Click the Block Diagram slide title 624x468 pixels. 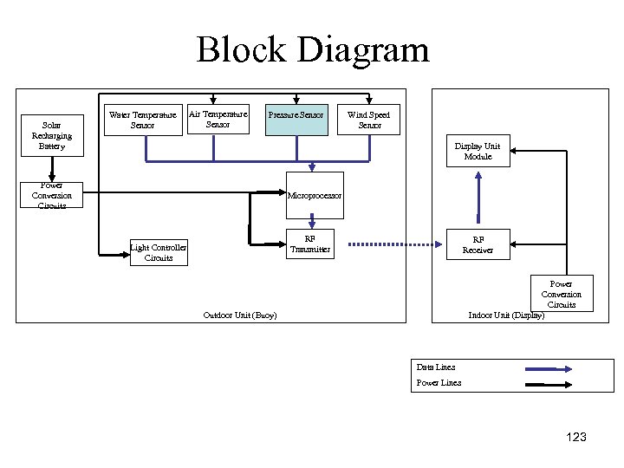[x=312, y=49]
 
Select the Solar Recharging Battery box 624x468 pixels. [x=52, y=135]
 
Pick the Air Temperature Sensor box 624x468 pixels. [x=218, y=119]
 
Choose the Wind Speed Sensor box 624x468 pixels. [x=368, y=120]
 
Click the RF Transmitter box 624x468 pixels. [x=310, y=244]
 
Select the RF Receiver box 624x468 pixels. [x=478, y=244]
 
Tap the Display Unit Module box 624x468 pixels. [x=478, y=151]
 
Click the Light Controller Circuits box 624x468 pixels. [x=159, y=252]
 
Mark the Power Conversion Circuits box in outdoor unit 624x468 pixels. [x=52, y=196]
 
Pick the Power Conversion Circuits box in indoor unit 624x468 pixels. [x=562, y=294]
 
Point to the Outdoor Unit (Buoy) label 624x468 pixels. [x=239, y=315]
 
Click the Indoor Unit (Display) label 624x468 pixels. [x=506, y=315]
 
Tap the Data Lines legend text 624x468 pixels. [x=436, y=367]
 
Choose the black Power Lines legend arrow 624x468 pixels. [x=547, y=383]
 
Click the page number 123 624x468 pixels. [x=575, y=437]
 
